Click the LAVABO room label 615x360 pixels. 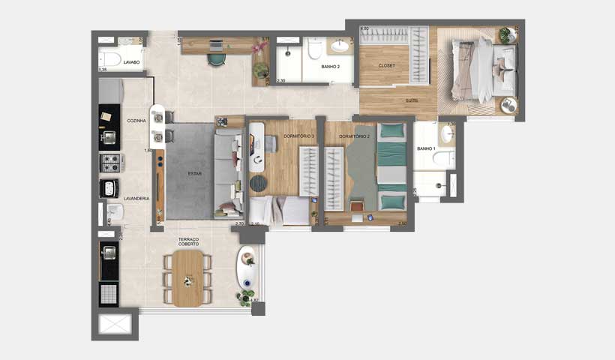tap(132, 63)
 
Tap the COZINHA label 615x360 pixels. tap(136, 121)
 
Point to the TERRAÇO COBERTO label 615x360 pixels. tap(188, 241)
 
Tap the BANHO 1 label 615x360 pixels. tap(426, 149)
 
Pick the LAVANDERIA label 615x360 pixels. tap(137, 198)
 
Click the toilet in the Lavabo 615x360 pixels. tap(111, 59)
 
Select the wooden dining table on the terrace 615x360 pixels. tap(188, 277)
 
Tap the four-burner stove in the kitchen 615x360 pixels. tap(109, 162)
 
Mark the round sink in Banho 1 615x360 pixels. tap(447, 134)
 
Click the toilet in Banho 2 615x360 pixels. tap(315, 49)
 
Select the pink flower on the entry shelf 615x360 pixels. tap(260, 47)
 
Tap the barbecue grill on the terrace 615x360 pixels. tap(109, 292)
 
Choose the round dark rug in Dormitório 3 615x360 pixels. tap(258, 183)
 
